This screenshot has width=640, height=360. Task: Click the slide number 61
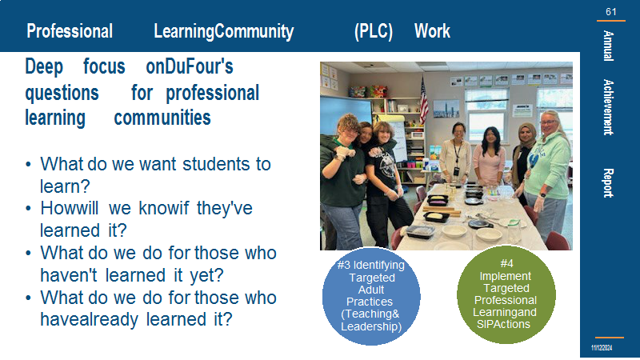(610, 12)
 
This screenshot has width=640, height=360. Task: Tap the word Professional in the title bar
(70, 31)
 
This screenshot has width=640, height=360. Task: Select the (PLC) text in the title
(374, 31)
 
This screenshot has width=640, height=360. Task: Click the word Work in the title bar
(432, 31)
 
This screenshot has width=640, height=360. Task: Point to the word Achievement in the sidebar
(608, 107)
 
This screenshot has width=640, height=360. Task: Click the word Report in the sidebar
(608, 183)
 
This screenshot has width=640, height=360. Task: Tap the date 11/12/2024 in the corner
(602, 348)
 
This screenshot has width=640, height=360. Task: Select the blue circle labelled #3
(371, 296)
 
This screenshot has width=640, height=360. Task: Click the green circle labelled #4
(506, 294)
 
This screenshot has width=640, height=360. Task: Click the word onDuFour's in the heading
(190, 66)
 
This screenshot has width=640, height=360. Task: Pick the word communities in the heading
(162, 118)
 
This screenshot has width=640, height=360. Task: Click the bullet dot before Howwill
(28, 209)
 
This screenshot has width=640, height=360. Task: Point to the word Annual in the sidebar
(608, 46)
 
